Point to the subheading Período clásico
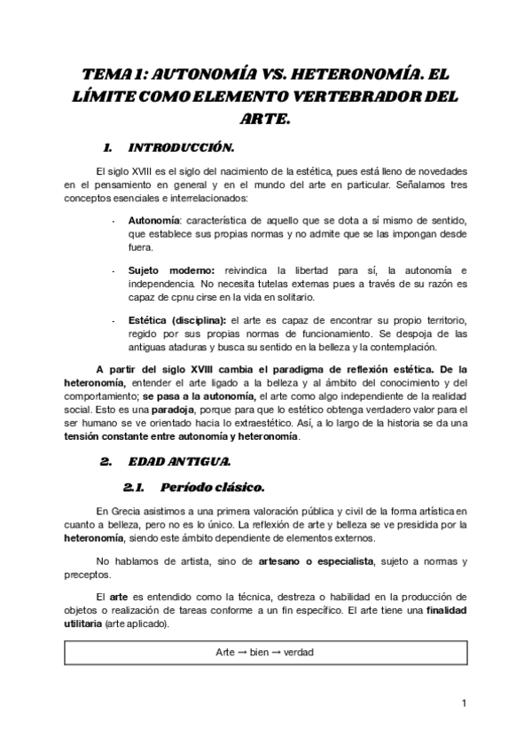[x=214, y=487]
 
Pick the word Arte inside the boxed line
[x=226, y=651]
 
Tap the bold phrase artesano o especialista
[x=318, y=561]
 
